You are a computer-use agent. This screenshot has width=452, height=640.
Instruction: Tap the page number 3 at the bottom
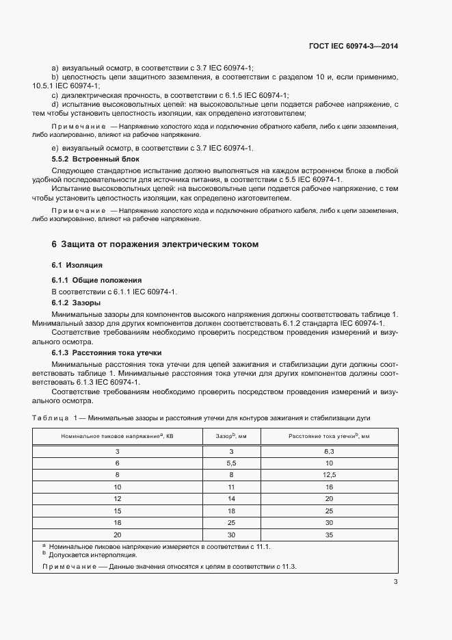(395, 582)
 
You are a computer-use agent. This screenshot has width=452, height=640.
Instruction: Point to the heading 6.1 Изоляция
(77, 264)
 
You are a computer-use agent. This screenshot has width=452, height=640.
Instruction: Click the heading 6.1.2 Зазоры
(77, 303)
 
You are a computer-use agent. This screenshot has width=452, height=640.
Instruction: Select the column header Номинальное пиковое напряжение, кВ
(117, 436)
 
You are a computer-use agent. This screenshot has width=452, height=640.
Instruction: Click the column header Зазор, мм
(231, 436)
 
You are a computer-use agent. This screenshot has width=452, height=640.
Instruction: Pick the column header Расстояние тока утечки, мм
(329, 436)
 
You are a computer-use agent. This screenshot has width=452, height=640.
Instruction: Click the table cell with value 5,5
(231, 463)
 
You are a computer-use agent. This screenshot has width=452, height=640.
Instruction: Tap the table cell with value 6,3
(329, 452)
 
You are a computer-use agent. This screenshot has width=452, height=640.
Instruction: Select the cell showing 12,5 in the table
(329, 474)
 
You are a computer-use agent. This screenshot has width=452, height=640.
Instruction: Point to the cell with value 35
(329, 535)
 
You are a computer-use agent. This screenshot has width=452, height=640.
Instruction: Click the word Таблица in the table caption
(51, 417)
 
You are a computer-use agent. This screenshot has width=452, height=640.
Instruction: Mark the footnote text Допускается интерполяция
(84, 555)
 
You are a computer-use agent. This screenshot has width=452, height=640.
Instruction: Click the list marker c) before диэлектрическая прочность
(55, 95)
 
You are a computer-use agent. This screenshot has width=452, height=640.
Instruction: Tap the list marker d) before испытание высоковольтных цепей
(55, 104)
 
